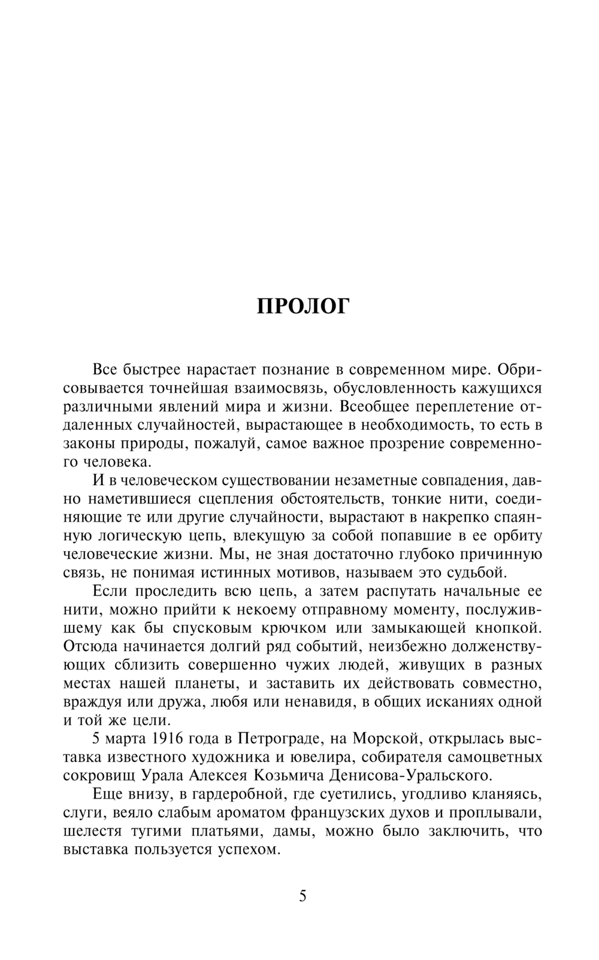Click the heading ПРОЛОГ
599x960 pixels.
click(302, 306)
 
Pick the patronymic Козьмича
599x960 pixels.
click(289, 775)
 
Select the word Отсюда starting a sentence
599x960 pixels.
click(92, 646)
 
